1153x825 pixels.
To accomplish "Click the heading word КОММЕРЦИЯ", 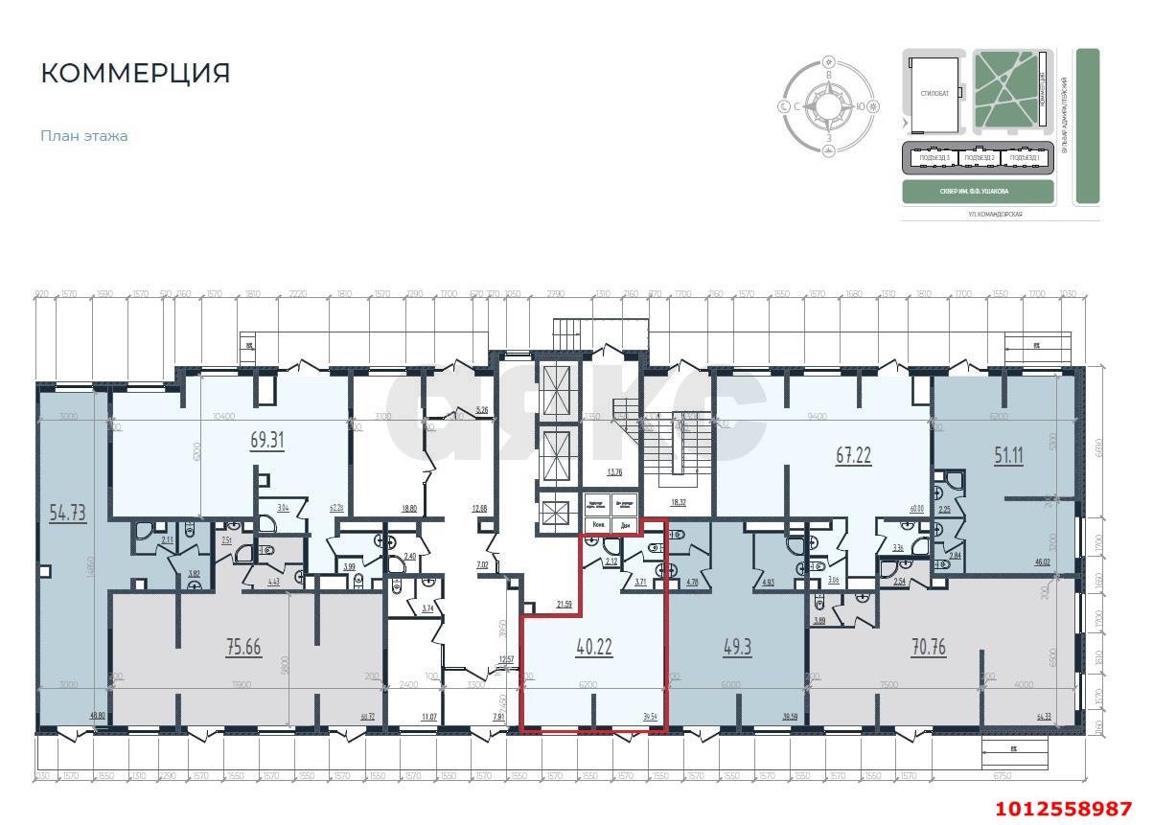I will [x=135, y=74].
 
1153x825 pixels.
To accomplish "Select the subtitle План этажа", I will [x=84, y=136].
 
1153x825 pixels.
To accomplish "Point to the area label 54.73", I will [x=67, y=513].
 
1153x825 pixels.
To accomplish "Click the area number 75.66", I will [x=243, y=647].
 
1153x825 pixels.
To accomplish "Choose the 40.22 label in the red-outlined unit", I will [x=594, y=647].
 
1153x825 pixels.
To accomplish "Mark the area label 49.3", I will [x=737, y=647].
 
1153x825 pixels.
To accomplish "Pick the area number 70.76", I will [x=928, y=647].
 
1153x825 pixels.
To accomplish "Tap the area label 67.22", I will [x=853, y=455].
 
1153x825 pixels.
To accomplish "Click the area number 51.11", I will [x=1007, y=455].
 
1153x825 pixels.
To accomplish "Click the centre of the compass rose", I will [x=828, y=106].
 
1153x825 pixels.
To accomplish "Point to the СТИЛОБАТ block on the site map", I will [x=934, y=94].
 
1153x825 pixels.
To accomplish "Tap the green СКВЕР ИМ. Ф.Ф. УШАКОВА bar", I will [x=979, y=191].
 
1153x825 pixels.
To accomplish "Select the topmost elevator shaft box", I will [x=555, y=392].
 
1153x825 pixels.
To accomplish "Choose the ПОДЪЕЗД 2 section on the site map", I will [x=980, y=157].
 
